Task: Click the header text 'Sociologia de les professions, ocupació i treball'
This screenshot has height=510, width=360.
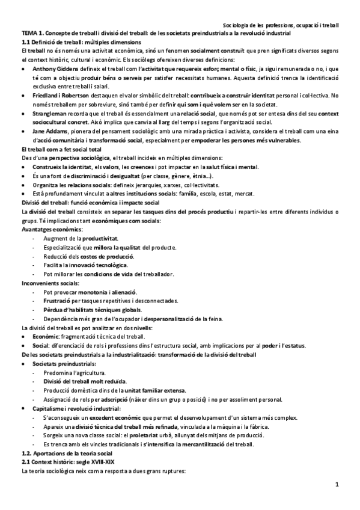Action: (x=280, y=26)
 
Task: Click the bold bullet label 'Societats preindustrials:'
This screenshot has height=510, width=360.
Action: (x=65, y=364)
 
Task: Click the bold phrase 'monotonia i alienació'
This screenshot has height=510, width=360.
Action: (x=108, y=292)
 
